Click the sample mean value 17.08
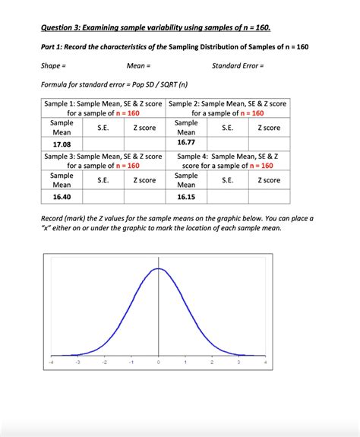pyautogui.click(x=62, y=144)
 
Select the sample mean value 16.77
pyautogui.click(x=186, y=141)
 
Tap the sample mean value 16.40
pyautogui.click(x=62, y=196)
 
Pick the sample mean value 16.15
pyautogui.click(x=186, y=196)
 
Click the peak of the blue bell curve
pyautogui.click(x=158, y=268)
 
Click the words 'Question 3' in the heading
pyautogui.click(x=64, y=28)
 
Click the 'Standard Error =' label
pyautogui.click(x=238, y=66)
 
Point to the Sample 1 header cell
pyautogui.click(x=103, y=108)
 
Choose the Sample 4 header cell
pyautogui.click(x=229, y=160)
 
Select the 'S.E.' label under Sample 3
pyautogui.click(x=103, y=180)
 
